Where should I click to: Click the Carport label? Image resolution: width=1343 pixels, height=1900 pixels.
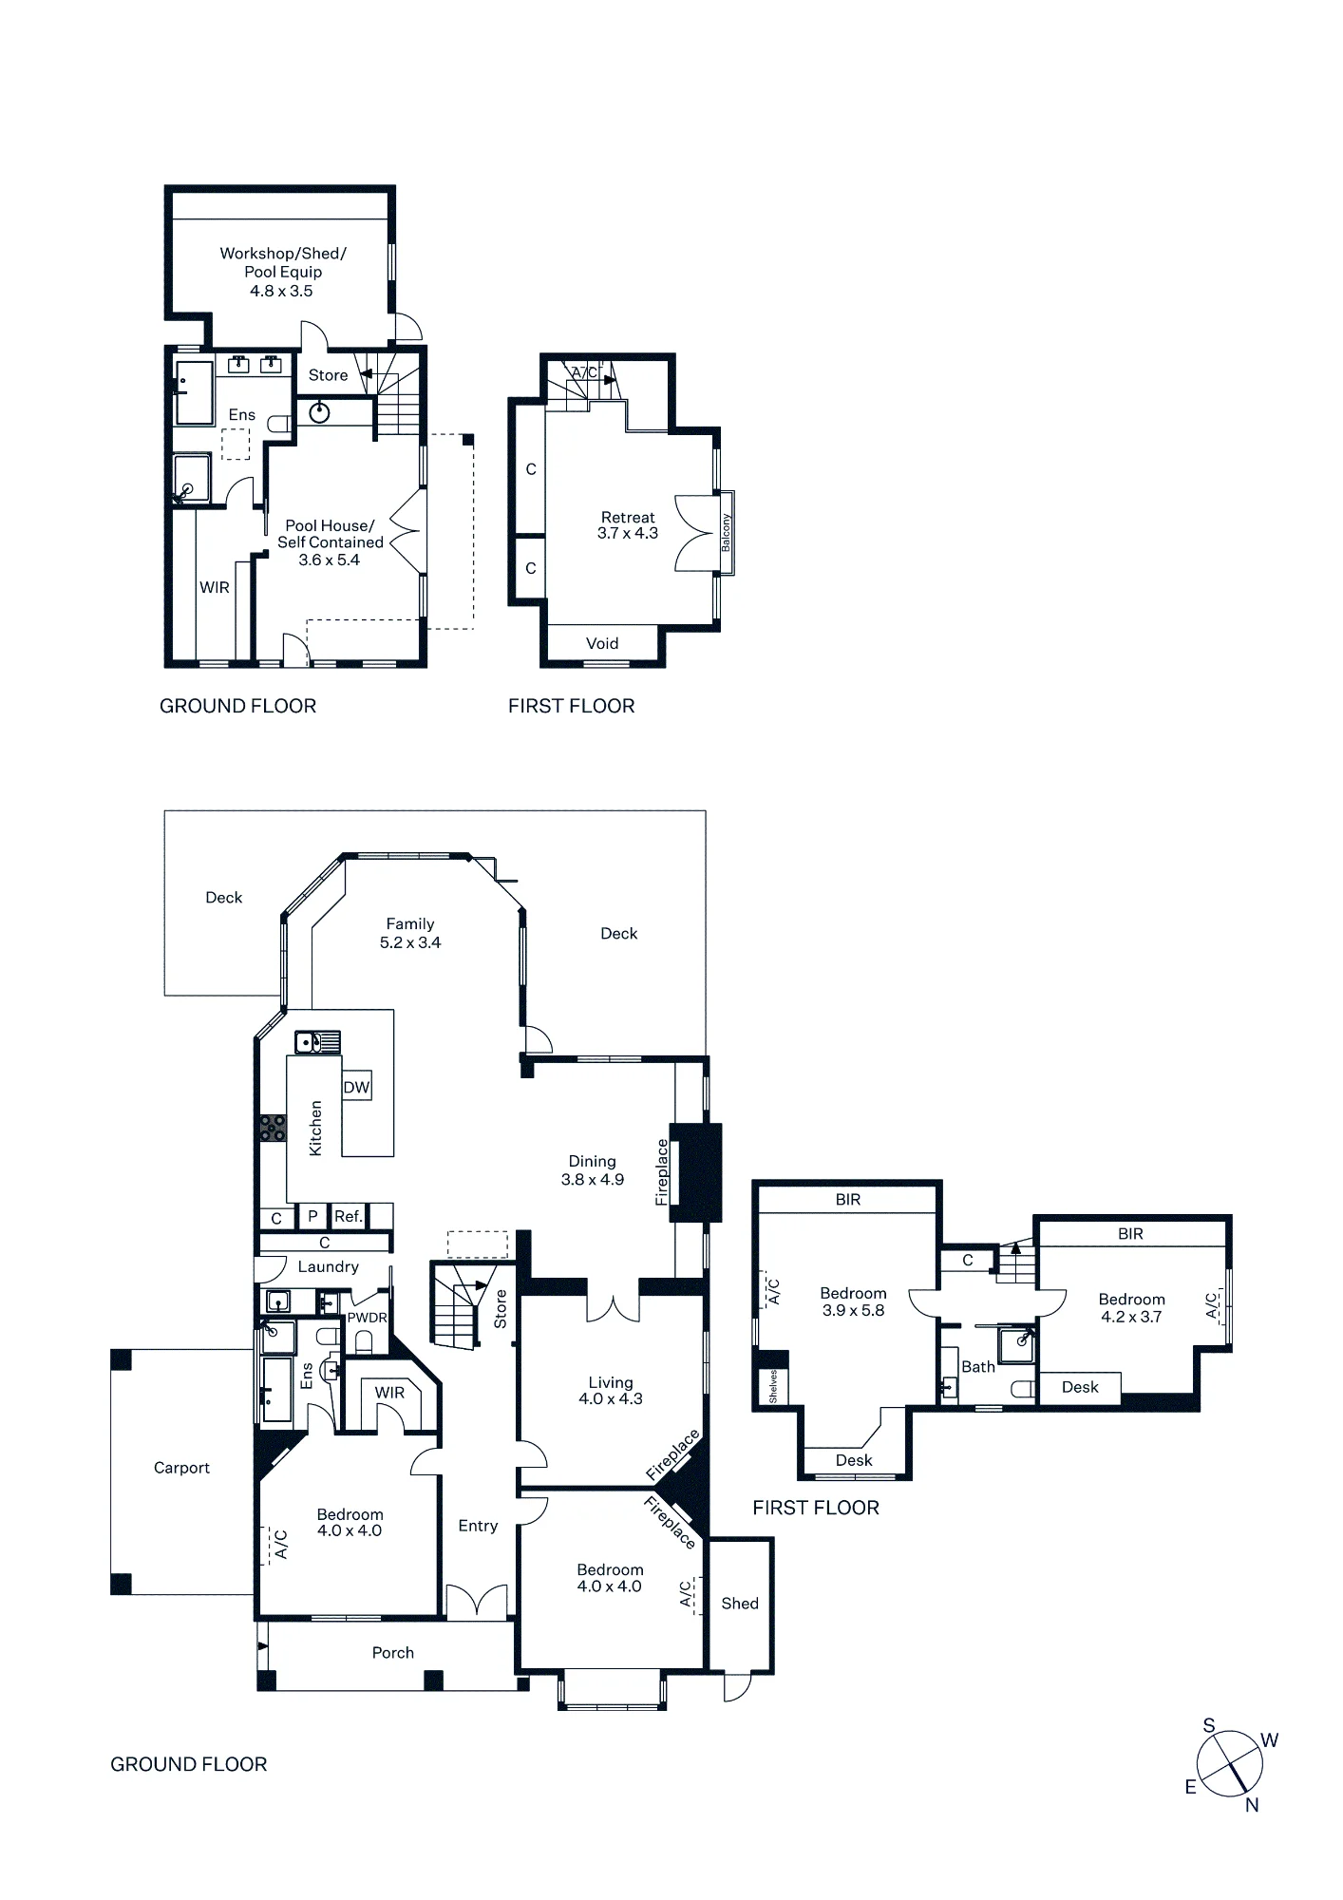[181, 1468]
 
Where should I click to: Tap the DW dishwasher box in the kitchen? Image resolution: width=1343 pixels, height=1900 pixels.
[356, 1087]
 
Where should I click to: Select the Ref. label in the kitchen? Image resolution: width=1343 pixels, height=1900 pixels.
[349, 1216]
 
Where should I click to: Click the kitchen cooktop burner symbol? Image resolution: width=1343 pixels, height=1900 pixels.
[273, 1128]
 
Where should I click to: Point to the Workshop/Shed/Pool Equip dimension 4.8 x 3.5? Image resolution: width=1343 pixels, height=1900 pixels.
[281, 291]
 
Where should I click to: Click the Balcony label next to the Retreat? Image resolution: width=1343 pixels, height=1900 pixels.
[727, 533]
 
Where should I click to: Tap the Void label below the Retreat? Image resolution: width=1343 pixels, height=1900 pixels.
[602, 643]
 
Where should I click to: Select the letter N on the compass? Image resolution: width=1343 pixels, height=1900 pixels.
[1252, 1805]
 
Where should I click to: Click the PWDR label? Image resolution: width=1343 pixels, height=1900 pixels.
[367, 1318]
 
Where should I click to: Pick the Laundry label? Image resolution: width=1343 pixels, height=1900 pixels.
[328, 1266]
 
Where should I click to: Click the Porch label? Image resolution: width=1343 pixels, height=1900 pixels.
[393, 1653]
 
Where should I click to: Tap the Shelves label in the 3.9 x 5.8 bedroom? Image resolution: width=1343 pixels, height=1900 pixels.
[773, 1386]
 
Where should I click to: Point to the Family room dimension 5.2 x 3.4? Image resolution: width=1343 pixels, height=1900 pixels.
[410, 942]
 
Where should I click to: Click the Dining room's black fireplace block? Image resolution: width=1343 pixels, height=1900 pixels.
[696, 1172]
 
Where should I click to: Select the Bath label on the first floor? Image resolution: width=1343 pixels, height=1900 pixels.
[978, 1367]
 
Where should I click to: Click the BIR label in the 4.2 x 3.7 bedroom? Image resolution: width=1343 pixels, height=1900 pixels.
[1130, 1234]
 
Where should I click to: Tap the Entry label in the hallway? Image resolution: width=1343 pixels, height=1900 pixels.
[478, 1526]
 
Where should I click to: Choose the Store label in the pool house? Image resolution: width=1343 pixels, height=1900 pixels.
[329, 375]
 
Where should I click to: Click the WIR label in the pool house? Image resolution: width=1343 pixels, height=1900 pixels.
[215, 587]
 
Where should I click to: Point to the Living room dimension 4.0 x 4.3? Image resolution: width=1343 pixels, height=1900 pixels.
[611, 1398]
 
